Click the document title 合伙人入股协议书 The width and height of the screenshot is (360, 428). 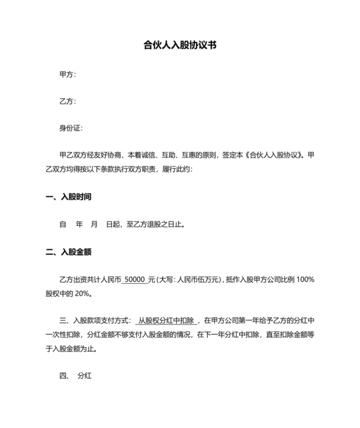pos(179,46)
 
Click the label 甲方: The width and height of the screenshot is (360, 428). pos(67,75)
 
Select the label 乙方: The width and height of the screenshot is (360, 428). pos(67,102)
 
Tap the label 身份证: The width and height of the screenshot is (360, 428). pos(71,129)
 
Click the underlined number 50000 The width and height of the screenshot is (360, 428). pos(134,279)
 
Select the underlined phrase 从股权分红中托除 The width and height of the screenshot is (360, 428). pos(166,320)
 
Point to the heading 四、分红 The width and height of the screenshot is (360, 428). pos(76,375)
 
